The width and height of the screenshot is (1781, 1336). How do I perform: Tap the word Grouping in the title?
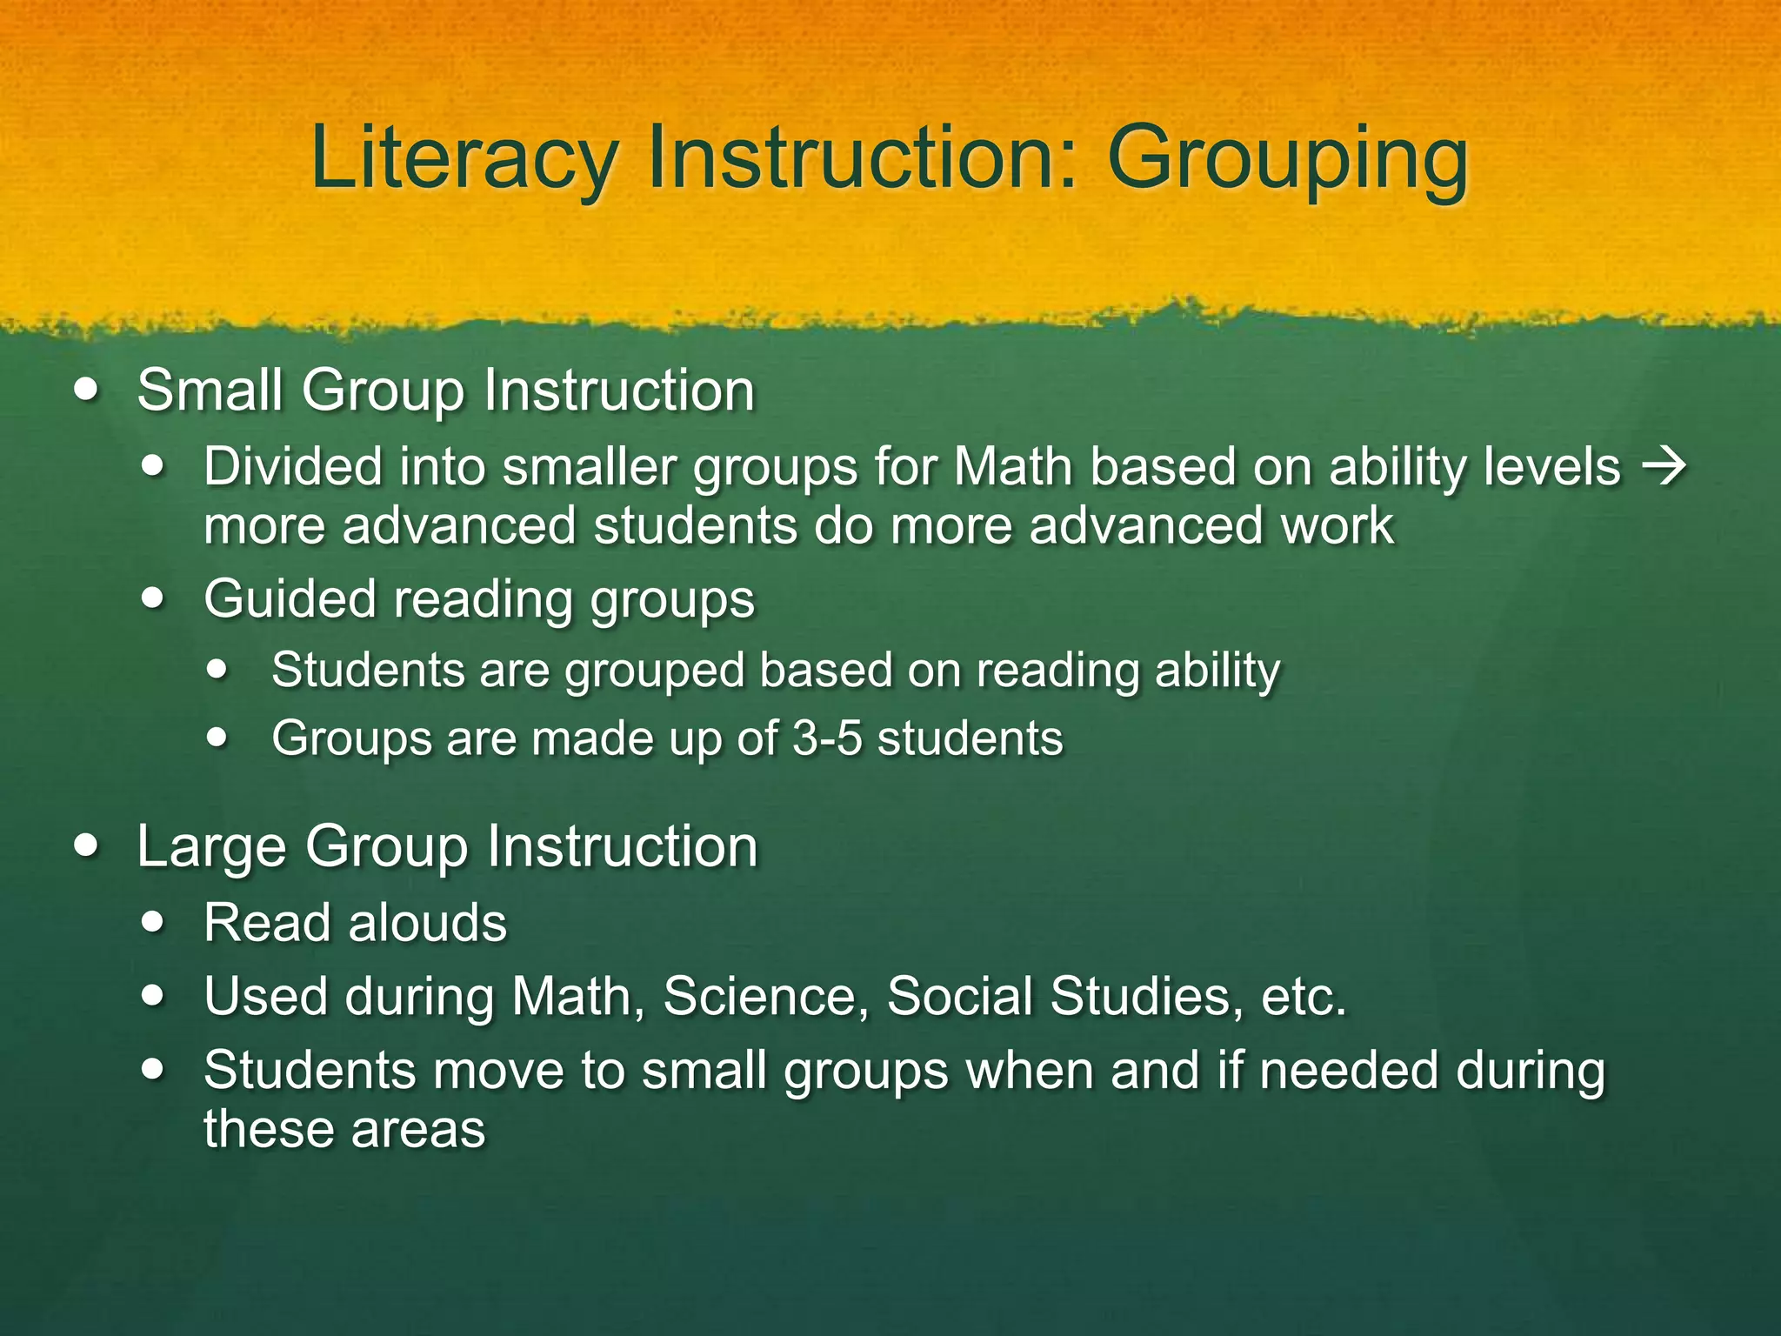(1287, 158)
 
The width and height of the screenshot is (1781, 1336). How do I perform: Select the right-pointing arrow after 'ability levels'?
(1663, 467)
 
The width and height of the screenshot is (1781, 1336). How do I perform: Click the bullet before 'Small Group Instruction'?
(86, 389)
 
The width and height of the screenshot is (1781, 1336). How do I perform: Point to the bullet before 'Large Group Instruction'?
(86, 845)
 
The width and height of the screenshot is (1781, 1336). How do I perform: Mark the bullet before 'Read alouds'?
(154, 922)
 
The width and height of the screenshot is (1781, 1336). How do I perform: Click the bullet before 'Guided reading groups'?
(154, 599)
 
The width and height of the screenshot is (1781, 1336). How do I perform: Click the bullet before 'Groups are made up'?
(217, 738)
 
